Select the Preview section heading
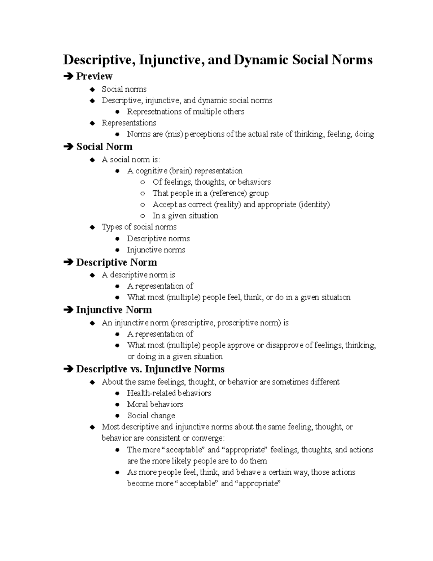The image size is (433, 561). [94, 76]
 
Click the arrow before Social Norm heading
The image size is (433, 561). [67, 147]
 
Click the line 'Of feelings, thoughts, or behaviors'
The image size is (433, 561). [211, 182]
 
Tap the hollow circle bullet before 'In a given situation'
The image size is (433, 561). [143, 216]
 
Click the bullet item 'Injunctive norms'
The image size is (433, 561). [156, 250]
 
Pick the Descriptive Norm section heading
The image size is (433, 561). [116, 262]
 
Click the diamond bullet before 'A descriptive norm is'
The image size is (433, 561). [92, 275]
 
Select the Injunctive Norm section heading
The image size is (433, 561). [114, 310]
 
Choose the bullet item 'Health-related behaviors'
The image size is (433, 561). [169, 393]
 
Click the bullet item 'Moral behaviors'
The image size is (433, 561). [155, 404]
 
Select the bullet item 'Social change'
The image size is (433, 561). [151, 415]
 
